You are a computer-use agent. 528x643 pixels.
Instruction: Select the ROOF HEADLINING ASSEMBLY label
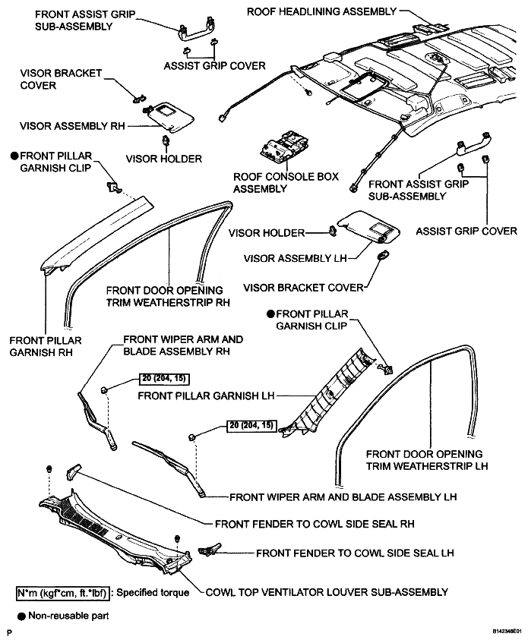(321, 11)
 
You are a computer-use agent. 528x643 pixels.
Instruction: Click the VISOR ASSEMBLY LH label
(295, 258)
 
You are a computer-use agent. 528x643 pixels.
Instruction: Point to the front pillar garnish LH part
(328, 394)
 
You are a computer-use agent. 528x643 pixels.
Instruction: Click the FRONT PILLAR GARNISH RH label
(46, 346)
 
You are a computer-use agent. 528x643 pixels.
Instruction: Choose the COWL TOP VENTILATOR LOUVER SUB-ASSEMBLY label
(327, 592)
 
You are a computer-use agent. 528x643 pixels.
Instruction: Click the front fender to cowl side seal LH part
(209, 550)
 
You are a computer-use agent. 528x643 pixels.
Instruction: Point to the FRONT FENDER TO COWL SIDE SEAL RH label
(315, 524)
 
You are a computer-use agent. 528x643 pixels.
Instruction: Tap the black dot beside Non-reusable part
(21, 616)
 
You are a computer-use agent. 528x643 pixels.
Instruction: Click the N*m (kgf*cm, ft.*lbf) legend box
(63, 593)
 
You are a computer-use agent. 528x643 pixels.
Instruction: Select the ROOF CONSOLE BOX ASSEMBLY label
(286, 182)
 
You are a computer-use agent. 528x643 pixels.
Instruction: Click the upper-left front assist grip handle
(195, 31)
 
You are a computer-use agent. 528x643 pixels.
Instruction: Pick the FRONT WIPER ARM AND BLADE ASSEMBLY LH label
(343, 497)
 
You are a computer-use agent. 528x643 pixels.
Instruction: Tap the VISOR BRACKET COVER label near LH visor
(304, 288)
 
